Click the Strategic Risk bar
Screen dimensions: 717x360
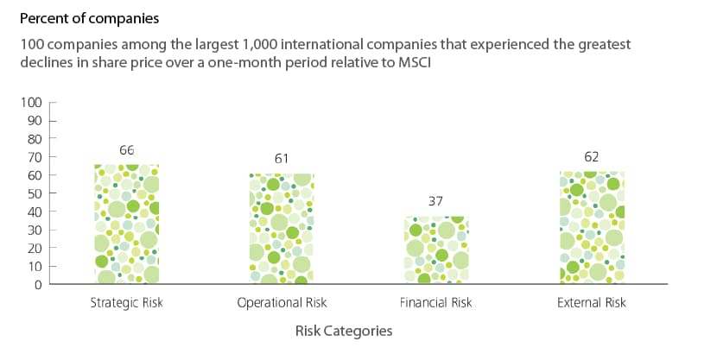click(x=127, y=224)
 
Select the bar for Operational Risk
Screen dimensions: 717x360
click(x=282, y=229)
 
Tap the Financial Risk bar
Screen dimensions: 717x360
click(x=436, y=250)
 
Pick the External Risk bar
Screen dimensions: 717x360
click(x=592, y=228)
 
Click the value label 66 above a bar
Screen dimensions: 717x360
click(x=127, y=150)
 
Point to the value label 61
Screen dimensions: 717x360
click(x=282, y=159)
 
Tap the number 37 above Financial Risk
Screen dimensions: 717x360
click(x=435, y=201)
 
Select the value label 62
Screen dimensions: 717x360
click(x=592, y=157)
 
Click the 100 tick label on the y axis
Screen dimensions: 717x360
click(x=32, y=103)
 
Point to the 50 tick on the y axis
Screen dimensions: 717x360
click(x=35, y=193)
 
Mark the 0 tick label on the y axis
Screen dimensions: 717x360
click(x=38, y=284)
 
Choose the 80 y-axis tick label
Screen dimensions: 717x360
click(x=35, y=139)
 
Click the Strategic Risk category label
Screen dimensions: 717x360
click(x=127, y=302)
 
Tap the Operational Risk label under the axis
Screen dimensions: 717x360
click(x=282, y=302)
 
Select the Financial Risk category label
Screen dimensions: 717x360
click(x=435, y=302)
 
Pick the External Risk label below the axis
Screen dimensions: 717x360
click(x=592, y=302)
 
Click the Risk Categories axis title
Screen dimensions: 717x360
click(x=344, y=331)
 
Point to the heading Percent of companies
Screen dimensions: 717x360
click(x=90, y=18)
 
